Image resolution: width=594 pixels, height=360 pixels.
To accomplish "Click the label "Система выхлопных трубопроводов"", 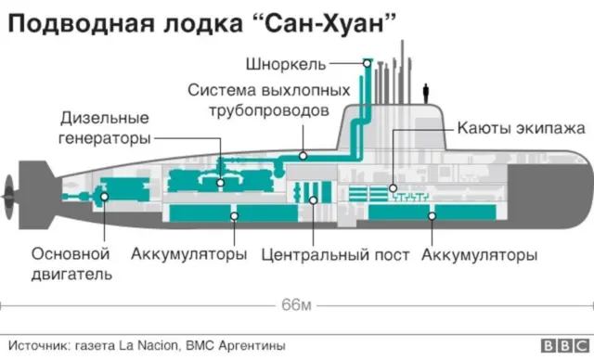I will [x=269, y=101].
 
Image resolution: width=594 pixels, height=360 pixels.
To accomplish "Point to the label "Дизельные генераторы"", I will [x=105, y=128].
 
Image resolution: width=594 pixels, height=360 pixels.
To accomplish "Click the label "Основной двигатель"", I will [x=71, y=264].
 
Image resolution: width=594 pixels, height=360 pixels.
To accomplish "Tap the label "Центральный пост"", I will [x=334, y=254].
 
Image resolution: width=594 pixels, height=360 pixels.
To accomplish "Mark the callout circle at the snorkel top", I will [x=368, y=64].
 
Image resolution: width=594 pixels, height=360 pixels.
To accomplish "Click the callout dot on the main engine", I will [x=105, y=196].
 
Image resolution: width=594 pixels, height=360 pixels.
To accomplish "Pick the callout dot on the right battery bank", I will [x=431, y=215].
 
